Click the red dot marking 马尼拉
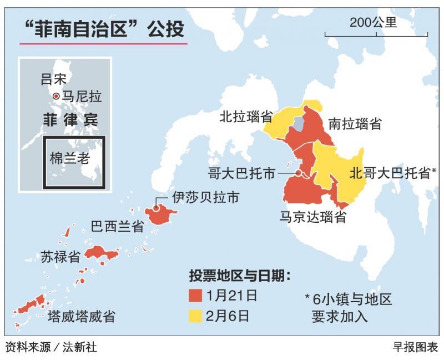tap(56, 97)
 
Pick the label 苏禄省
tap(60, 256)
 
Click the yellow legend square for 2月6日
tap(195, 316)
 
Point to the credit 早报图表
tap(415, 348)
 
